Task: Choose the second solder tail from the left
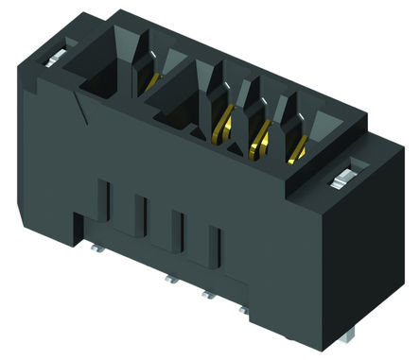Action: coord(170,281)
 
